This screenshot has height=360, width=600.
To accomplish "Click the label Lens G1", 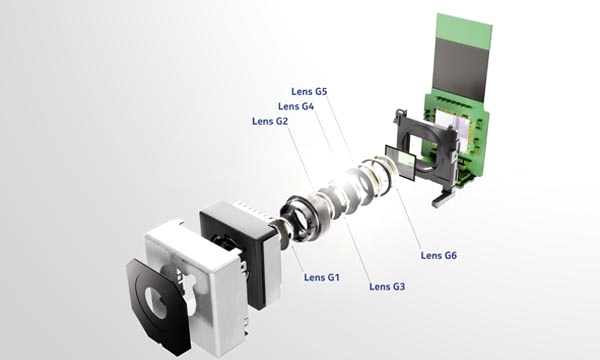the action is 322,277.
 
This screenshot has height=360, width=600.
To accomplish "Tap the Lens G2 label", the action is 270,121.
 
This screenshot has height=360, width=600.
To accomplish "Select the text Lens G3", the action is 387,286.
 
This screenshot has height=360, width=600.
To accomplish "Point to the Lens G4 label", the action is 296,106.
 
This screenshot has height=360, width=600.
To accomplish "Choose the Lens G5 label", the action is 309,91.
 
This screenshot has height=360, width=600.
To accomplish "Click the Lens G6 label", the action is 439,255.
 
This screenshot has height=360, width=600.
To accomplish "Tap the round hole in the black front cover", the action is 157,303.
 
